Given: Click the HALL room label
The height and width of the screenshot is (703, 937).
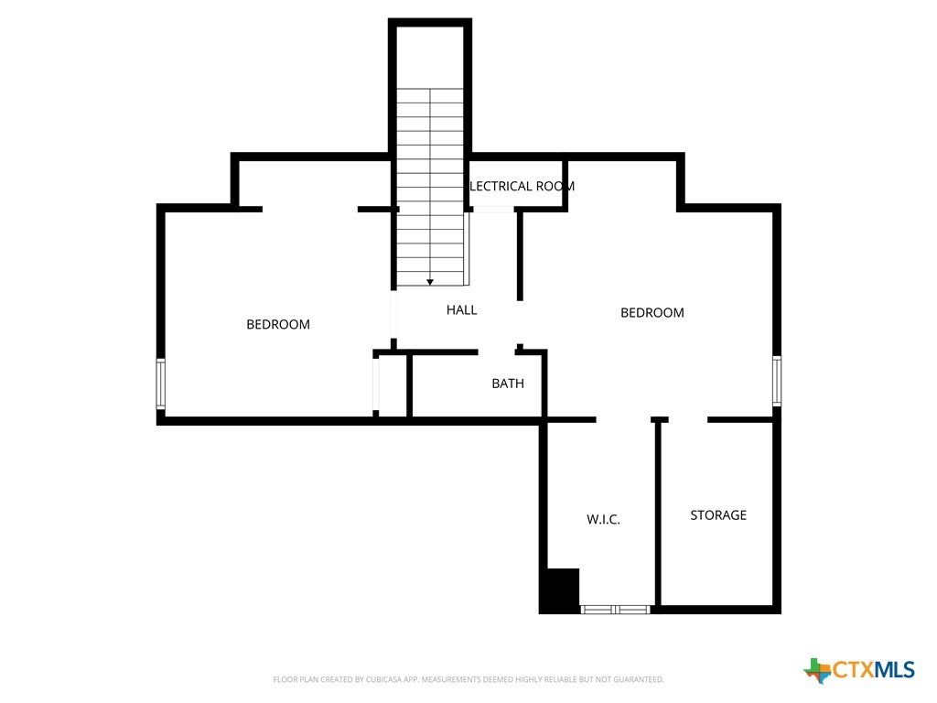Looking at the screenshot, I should pyautogui.click(x=461, y=310).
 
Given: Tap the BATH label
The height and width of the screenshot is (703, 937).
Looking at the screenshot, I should pyautogui.click(x=508, y=384).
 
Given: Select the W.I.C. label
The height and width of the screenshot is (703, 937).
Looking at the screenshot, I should pyautogui.click(x=603, y=519).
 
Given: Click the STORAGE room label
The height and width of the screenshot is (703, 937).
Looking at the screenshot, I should pyautogui.click(x=717, y=515).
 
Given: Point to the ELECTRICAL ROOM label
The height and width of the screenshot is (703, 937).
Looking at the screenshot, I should pyautogui.click(x=522, y=186).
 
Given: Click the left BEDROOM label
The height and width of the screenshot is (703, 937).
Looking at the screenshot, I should pyautogui.click(x=277, y=324).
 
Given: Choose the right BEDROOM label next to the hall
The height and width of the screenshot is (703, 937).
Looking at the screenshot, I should pyautogui.click(x=652, y=313).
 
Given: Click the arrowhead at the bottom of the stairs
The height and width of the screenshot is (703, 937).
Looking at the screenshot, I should pyautogui.click(x=430, y=282).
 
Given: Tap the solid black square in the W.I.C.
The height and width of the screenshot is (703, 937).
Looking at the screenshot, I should pyautogui.click(x=560, y=590).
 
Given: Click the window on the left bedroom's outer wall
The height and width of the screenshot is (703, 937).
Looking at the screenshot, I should pyautogui.click(x=161, y=384).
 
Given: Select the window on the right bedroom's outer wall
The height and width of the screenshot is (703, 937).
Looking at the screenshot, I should pyautogui.click(x=777, y=381).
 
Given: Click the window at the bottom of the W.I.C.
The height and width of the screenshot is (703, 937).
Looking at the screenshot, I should pyautogui.click(x=616, y=609).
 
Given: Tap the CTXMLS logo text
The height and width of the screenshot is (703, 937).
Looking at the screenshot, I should pyautogui.click(x=873, y=670).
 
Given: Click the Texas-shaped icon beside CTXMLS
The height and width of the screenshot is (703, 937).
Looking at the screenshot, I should pyautogui.click(x=817, y=670).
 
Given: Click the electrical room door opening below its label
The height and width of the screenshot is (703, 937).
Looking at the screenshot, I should pyautogui.click(x=493, y=210).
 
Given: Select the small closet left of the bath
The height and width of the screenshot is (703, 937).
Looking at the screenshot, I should pyautogui.click(x=392, y=384).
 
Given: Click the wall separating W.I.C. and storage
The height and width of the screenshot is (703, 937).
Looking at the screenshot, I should pyautogui.click(x=657, y=513).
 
